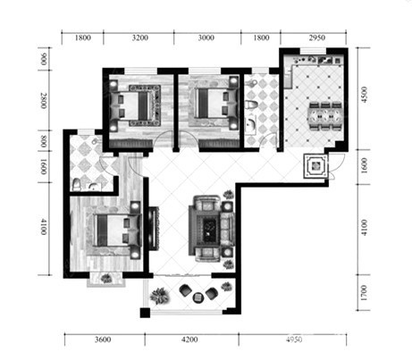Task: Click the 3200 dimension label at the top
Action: point(140,38)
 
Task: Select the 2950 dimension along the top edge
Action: point(317,38)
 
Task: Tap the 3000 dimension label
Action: point(206,38)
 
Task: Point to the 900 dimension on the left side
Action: point(44,59)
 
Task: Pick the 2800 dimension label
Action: point(44,101)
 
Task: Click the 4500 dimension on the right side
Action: point(364,95)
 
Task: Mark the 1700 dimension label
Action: point(364,292)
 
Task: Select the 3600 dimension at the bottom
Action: point(103,339)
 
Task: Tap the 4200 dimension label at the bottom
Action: point(189,339)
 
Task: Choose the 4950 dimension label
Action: point(294,339)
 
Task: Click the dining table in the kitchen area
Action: point(325,116)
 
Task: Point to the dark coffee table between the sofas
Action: point(211,227)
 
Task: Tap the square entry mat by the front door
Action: point(315,166)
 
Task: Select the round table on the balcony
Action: point(198,297)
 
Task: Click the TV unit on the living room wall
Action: point(154,229)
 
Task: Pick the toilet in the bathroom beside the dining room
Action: point(252,105)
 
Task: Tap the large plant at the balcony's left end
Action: point(159,296)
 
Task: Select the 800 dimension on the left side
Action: point(44,141)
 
